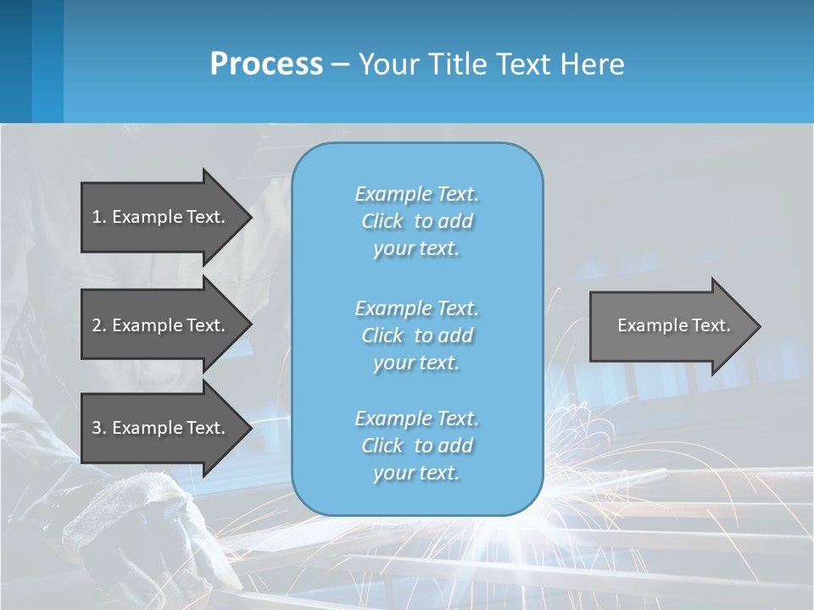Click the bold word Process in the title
coord(266,64)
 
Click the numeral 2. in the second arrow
coord(98,325)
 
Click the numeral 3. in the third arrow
coord(98,428)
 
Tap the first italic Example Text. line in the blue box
coord(416,194)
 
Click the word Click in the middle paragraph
coord(382,335)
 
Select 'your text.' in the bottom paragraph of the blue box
coord(416,473)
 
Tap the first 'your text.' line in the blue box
coord(416,248)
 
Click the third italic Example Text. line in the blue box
coord(416,419)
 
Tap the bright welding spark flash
coord(475,530)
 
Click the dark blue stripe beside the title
coord(15,61)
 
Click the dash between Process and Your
coord(340,64)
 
